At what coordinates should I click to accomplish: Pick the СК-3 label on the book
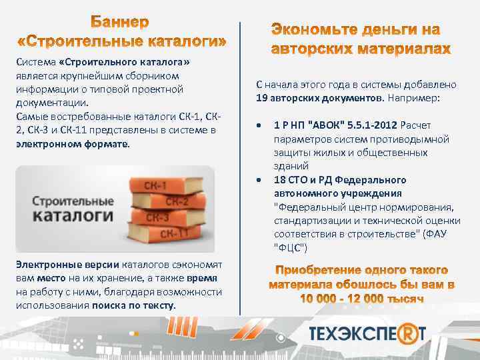click(x=157, y=217)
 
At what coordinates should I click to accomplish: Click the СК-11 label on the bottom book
click(x=179, y=233)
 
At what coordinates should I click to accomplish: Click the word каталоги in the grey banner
click(x=62, y=215)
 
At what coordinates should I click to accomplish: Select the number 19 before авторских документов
click(x=262, y=97)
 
